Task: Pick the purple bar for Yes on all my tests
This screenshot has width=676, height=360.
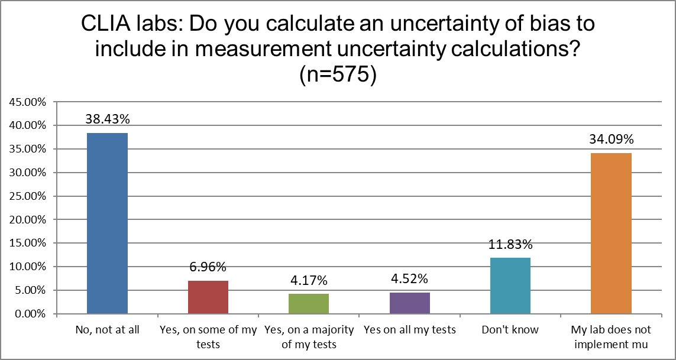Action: tap(409, 303)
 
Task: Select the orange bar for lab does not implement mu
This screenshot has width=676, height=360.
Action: tap(611, 233)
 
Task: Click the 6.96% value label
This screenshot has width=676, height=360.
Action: tap(208, 267)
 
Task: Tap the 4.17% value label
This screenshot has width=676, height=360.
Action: tap(309, 280)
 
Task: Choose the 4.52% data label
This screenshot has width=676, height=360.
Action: tap(409, 278)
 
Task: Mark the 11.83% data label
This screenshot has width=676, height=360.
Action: tap(510, 244)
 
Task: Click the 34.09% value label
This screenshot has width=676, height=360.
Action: tap(611, 140)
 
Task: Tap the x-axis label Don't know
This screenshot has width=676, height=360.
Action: tap(510, 330)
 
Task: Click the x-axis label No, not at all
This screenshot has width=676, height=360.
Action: tap(108, 330)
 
